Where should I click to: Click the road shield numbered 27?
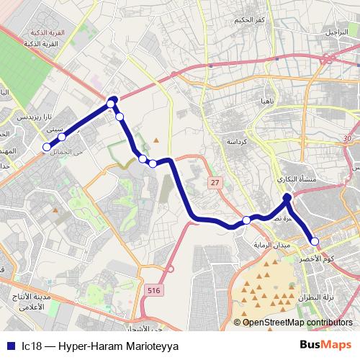(215, 183)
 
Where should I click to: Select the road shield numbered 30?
(348, 138)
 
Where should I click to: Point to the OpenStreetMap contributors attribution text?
(297, 322)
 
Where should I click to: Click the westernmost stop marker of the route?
(47, 147)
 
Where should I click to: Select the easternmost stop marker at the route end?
(315, 241)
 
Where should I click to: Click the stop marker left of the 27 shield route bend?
(153, 163)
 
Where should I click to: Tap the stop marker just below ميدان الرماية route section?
(246, 220)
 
